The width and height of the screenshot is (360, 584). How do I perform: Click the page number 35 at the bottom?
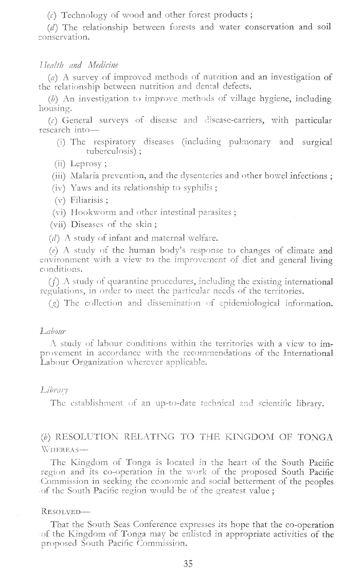point(187,563)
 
